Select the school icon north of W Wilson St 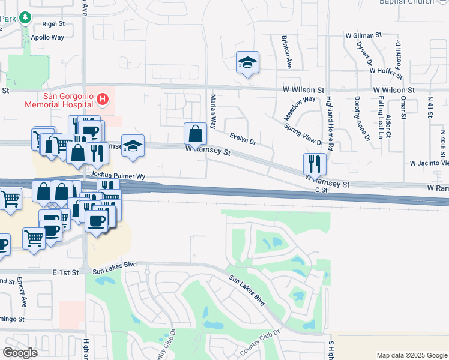[x=247, y=62]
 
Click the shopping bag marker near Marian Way [x=195, y=134]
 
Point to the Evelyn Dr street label [x=243, y=139]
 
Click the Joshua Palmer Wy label [x=117, y=176]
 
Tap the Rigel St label [x=53, y=24]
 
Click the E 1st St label [x=65, y=272]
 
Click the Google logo [x=20, y=353]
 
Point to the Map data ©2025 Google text [x=411, y=355]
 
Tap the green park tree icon [x=25, y=17]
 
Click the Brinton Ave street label [x=287, y=52]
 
